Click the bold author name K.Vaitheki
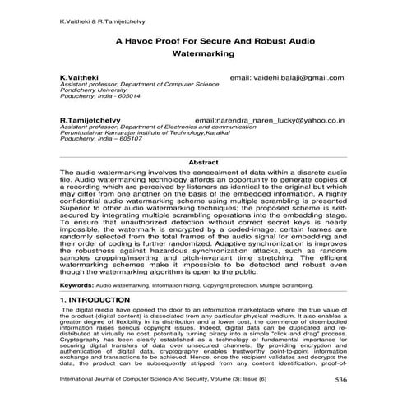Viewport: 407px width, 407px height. coord(79,78)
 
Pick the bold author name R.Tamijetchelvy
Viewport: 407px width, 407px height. coord(91,120)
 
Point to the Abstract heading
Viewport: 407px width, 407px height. coord(203,163)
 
